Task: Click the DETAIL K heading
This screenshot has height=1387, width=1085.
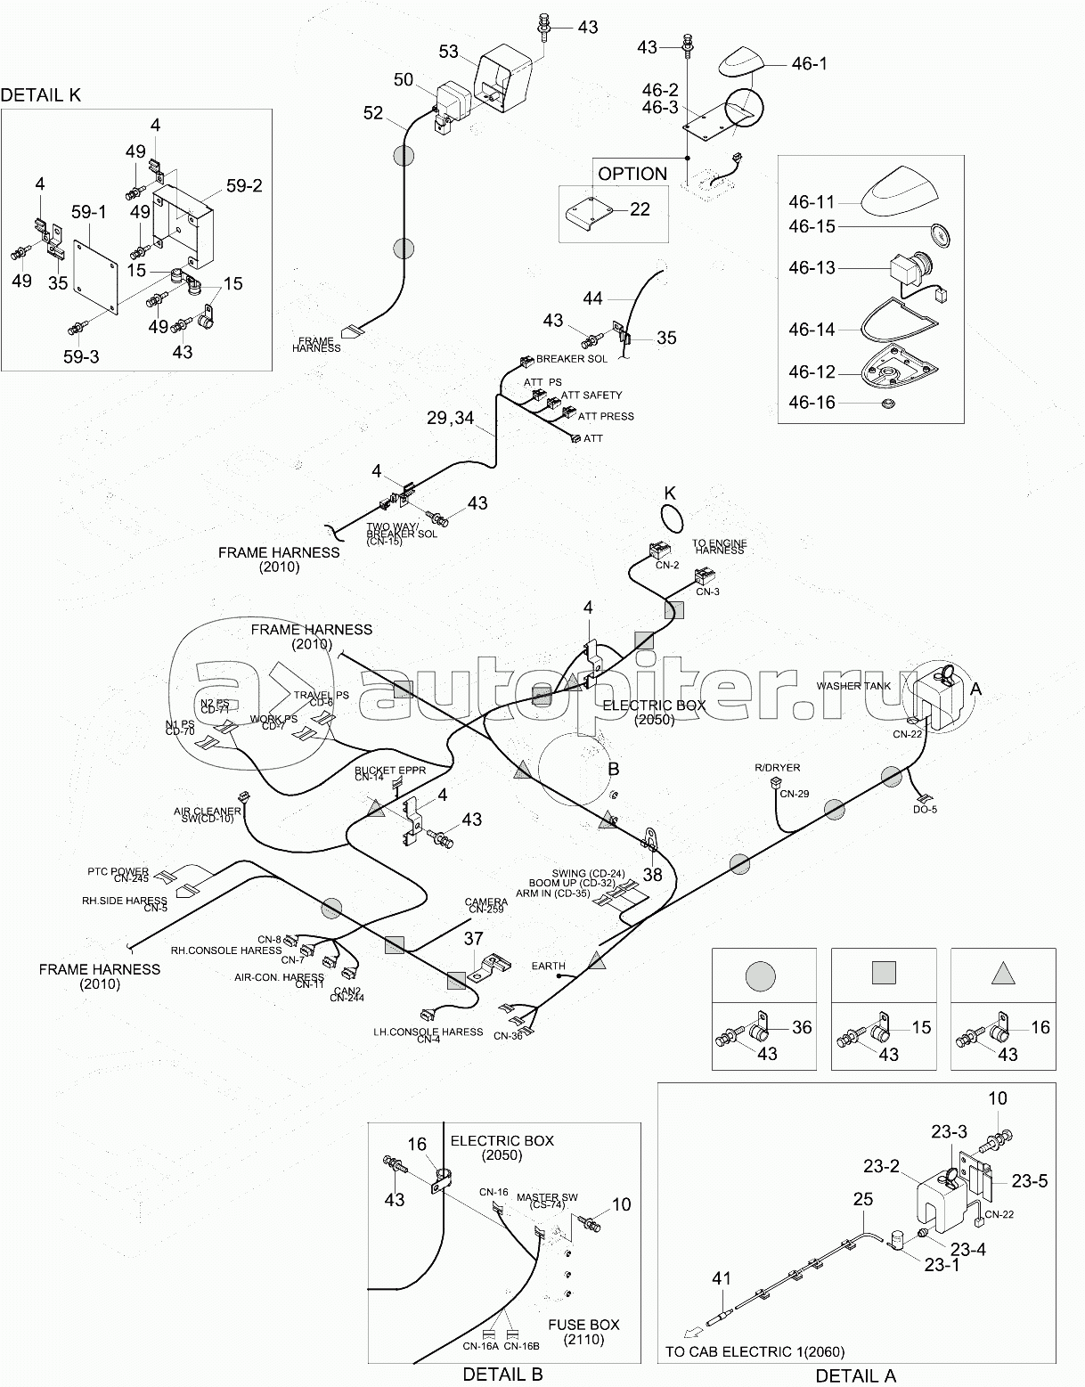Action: [x=41, y=95]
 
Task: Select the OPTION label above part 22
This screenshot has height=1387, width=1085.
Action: [x=632, y=174]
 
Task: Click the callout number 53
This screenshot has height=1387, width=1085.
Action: [x=449, y=52]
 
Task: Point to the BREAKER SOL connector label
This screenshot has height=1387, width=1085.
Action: [x=571, y=359]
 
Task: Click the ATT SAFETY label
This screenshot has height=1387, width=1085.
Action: [x=591, y=395]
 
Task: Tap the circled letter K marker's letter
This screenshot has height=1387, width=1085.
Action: [x=670, y=493]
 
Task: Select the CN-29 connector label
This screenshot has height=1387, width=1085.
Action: [x=794, y=794]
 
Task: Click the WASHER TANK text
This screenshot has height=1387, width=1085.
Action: [x=853, y=686]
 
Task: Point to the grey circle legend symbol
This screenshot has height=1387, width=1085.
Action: [x=763, y=974]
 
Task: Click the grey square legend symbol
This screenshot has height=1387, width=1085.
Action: [x=883, y=973]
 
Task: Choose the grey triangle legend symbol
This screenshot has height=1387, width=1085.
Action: [x=1003, y=974]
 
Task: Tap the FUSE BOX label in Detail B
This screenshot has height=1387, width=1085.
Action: [x=583, y=1324]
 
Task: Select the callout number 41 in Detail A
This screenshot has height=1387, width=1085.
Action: [x=721, y=1278]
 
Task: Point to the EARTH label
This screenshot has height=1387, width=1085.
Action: [x=548, y=966]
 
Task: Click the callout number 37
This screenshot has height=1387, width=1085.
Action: [x=473, y=938]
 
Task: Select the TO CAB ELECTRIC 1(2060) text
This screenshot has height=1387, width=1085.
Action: [x=755, y=1351]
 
